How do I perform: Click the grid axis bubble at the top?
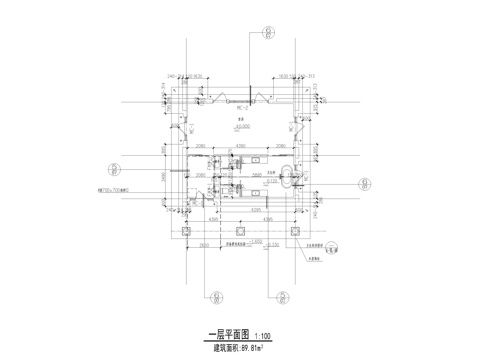pos(266,33)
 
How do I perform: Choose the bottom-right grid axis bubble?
pos(283,297)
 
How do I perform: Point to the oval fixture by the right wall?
pos(291,176)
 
